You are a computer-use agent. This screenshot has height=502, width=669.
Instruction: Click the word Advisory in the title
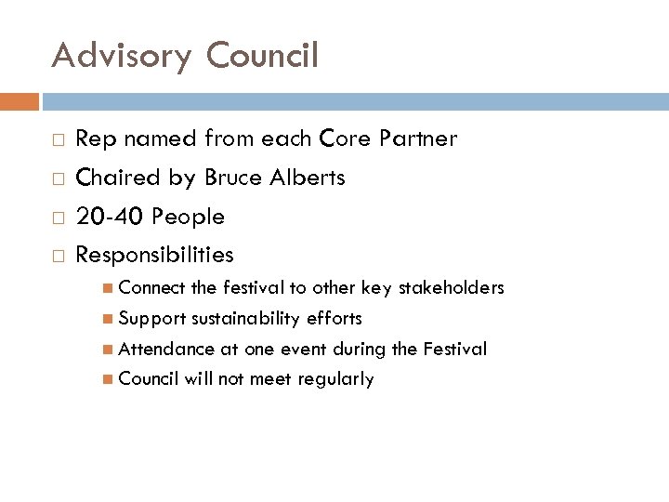tap(121, 56)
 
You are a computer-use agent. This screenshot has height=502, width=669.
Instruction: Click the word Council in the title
tap(262, 56)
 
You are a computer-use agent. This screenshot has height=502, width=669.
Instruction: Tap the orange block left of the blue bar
tap(20, 100)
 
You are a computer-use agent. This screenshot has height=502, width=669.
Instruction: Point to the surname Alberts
tap(309, 178)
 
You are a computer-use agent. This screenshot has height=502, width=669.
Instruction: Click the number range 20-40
tap(109, 217)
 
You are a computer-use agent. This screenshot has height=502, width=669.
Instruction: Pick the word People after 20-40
tap(188, 217)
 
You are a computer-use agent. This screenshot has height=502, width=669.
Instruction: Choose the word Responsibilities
tap(154, 255)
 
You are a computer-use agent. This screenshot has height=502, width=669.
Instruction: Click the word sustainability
tap(245, 319)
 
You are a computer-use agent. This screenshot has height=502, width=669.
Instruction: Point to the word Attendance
tap(165, 350)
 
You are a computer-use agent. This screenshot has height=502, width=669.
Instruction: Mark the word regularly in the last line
tap(335, 379)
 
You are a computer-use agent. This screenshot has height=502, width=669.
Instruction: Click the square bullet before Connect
tap(111, 288)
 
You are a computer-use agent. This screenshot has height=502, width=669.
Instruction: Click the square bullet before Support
tap(111, 319)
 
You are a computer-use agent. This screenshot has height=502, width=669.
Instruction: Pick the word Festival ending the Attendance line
tap(454, 350)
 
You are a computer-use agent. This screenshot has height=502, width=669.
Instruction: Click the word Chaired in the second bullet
tap(112, 178)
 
